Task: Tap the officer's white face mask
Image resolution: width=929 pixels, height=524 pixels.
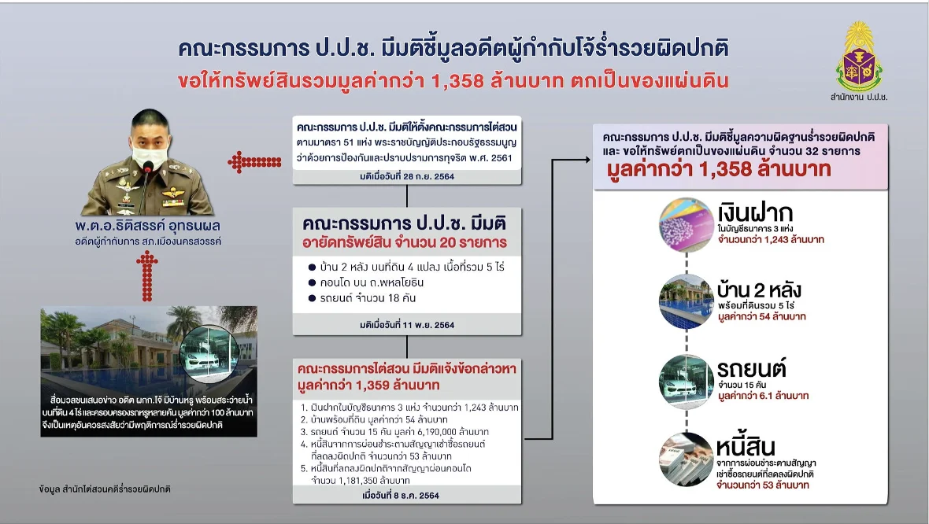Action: pyautogui.click(x=150, y=155)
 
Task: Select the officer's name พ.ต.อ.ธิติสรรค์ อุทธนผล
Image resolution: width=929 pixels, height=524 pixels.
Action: pyautogui.click(x=147, y=226)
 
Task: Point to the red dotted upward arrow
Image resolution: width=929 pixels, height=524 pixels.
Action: pyautogui.click(x=147, y=276)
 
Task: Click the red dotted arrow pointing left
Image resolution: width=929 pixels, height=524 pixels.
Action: pyautogui.click(x=255, y=161)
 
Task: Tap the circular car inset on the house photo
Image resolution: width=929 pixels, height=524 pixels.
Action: pyautogui.click(x=209, y=355)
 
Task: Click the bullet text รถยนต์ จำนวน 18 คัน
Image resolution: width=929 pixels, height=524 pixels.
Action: pyautogui.click(x=368, y=298)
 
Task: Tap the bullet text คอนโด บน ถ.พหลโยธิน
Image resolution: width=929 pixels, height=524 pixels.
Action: pyautogui.click(x=372, y=282)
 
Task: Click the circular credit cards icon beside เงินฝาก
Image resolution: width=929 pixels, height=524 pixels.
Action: pyautogui.click(x=687, y=225)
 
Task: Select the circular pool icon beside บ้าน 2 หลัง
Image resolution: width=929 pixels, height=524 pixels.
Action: pyautogui.click(x=687, y=301)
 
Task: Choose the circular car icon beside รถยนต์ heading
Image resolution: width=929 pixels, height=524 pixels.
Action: pyautogui.click(x=687, y=382)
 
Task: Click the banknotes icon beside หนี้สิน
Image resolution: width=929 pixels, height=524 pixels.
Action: pyautogui.click(x=687, y=459)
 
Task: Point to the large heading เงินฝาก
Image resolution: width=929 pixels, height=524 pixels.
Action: pyautogui.click(x=755, y=212)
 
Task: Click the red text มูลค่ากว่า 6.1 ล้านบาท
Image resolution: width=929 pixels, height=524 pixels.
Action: pyautogui.click(x=763, y=396)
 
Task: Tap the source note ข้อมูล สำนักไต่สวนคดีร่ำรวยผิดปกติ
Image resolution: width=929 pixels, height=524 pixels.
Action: pyautogui.click(x=105, y=489)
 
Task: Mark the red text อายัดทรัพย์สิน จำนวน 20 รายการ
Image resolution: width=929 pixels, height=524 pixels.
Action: pyautogui.click(x=405, y=242)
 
